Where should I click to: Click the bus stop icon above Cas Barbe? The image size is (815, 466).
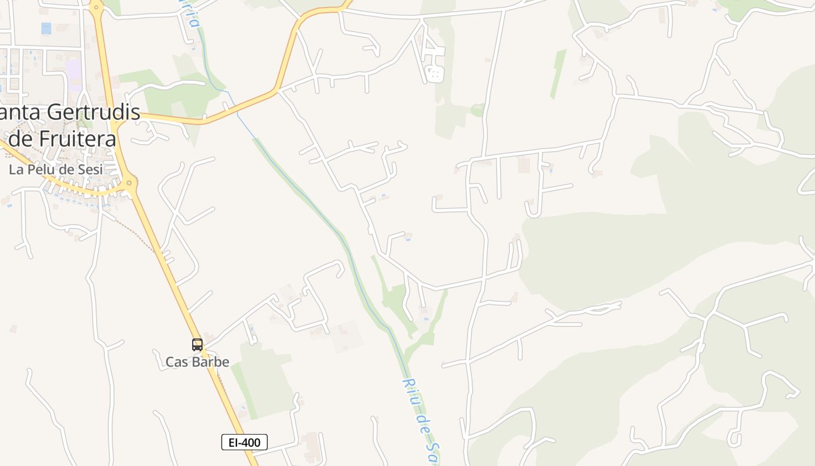coord(197,345)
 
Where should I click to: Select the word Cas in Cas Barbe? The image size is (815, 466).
coord(177,362)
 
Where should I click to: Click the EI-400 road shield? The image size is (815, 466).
coord(245,443)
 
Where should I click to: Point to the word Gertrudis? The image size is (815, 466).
coord(94,112)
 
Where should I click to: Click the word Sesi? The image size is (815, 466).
coord(89,170)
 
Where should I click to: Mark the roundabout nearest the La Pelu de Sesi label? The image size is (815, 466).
coord(129,183)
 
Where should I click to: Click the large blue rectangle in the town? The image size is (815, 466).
coord(46,28)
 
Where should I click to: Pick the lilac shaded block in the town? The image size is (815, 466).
coord(73,75)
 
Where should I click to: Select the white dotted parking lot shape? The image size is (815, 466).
coord(434,73)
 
